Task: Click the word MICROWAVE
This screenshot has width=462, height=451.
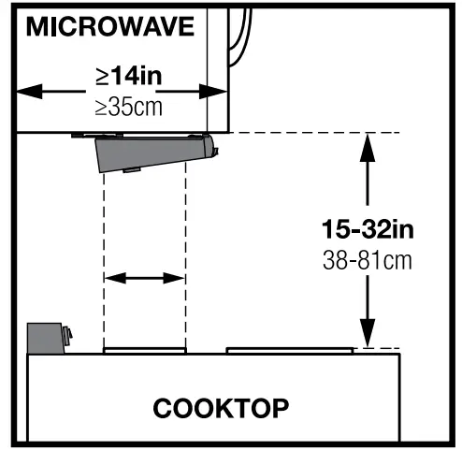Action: point(110,26)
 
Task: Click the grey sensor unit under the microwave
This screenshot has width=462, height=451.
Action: point(154,153)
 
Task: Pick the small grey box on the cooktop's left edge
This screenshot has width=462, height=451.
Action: point(46,337)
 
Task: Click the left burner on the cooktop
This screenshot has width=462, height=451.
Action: point(145,352)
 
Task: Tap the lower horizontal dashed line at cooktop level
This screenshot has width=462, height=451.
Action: point(379,348)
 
